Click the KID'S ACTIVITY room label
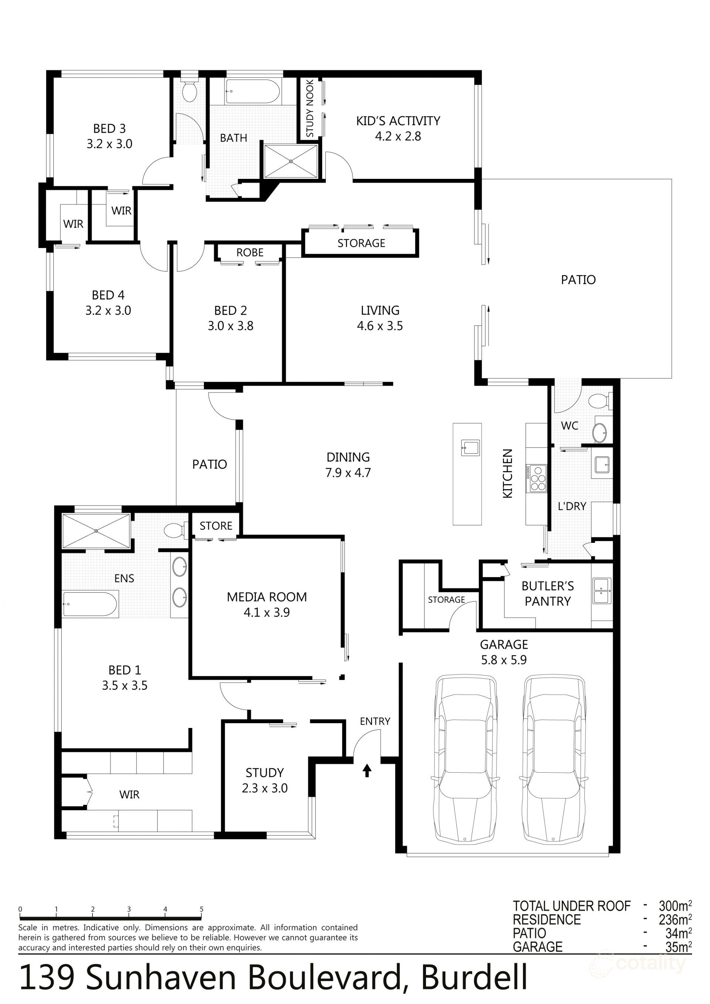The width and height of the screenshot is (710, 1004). tap(398, 121)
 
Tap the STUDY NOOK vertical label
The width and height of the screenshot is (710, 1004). tap(310, 108)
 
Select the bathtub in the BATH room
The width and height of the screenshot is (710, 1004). tap(253, 91)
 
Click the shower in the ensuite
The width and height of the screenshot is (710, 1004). tap(96, 531)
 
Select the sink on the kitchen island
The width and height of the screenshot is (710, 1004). tap(470, 448)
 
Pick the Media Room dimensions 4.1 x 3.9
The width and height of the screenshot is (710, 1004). tap(267, 612)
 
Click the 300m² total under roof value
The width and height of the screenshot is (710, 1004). tap(674, 906)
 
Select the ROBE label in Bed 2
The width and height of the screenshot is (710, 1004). tap(250, 252)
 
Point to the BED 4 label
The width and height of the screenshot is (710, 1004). tap(108, 295)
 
